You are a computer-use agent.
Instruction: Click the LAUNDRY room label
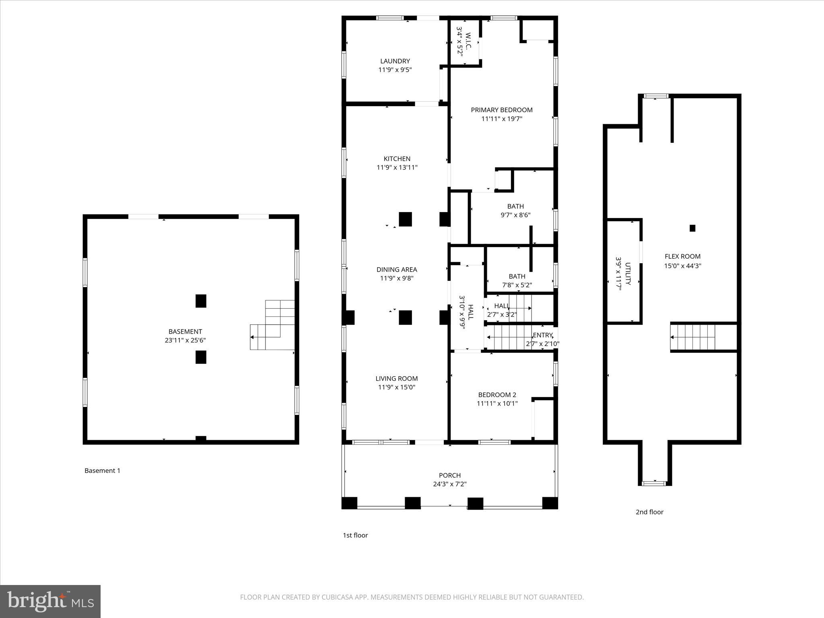pos(395,61)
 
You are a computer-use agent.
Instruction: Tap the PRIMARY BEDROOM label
pos(501,110)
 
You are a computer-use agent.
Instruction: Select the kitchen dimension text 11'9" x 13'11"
pos(397,167)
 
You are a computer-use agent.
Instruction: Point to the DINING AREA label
pos(396,270)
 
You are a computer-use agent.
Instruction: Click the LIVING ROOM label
pos(396,379)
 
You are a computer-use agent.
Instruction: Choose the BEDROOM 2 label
pos(497,395)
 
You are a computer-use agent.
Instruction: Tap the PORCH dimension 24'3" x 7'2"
pos(449,484)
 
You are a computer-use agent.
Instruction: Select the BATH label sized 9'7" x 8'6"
pos(515,206)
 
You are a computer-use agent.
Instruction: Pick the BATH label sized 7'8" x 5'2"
pos(517,276)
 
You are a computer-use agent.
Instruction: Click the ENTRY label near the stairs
pos(542,335)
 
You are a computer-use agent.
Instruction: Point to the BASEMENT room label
pos(185,332)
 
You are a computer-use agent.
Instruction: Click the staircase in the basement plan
pos(274,326)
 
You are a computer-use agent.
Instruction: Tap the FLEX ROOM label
pos(682,256)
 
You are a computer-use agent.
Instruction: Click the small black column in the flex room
pos(692,228)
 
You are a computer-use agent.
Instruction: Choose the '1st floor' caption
pos(355,535)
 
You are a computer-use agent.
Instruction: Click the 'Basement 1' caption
pos(102,470)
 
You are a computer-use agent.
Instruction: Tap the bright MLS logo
pos(50,602)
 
